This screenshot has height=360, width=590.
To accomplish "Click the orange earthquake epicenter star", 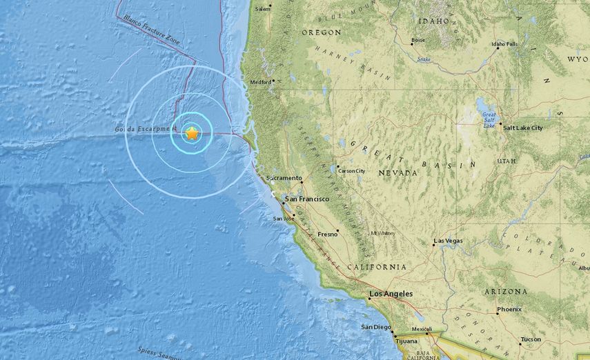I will [192, 133].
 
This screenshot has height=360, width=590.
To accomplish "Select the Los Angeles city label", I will [391, 294].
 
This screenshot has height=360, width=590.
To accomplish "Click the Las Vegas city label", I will [449, 241].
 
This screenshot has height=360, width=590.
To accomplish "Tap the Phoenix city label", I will [509, 309].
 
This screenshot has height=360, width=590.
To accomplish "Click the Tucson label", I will [531, 339].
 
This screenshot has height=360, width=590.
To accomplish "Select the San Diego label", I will [376, 327].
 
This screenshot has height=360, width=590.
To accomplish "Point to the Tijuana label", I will [406, 341].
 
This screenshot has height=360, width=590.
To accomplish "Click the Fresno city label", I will [327, 234].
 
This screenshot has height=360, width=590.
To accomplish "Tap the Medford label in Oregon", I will [261, 81].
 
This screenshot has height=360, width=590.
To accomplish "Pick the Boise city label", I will [418, 40].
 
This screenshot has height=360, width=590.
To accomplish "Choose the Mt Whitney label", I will [382, 232].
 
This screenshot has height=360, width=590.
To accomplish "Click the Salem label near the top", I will [262, 9].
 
